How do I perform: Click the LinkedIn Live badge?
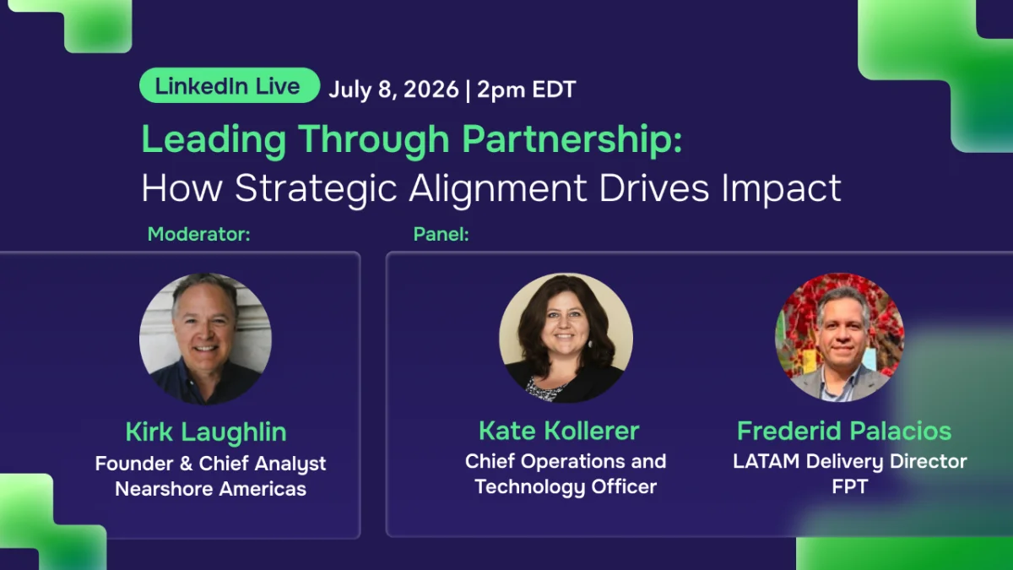coord(230,85)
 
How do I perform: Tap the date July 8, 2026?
coord(393,90)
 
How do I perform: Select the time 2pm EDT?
coord(526,90)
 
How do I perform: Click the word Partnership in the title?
coord(572,140)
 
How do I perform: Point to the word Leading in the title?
coord(214,140)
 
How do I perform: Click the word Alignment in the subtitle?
coord(498,189)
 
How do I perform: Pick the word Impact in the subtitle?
coord(781,189)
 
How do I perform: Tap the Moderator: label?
coord(199,235)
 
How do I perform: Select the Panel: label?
coord(441,235)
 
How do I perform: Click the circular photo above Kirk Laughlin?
coord(206,338)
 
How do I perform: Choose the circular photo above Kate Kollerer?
coord(566,338)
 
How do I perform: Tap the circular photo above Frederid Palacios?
coord(840,337)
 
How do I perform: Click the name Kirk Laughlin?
coord(206,432)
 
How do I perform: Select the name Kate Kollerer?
coord(559,431)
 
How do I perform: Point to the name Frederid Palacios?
coord(844,431)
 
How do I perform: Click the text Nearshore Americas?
coord(211,489)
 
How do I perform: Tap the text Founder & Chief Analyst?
coord(211,464)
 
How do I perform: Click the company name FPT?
coord(850,486)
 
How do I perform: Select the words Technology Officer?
coord(566,487)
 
